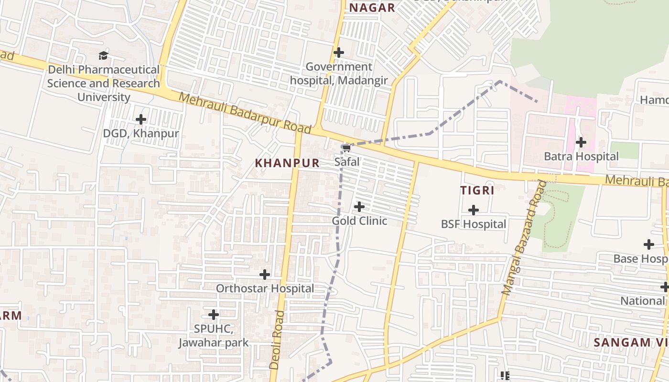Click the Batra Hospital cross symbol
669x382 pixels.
581,142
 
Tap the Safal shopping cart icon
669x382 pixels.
346,149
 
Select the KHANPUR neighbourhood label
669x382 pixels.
287,163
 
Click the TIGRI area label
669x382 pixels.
477,190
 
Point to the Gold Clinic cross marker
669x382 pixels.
359,207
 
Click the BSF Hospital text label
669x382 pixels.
473,224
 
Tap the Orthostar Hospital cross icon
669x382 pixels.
265,275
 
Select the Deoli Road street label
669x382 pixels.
277,340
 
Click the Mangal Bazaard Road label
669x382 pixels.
524,237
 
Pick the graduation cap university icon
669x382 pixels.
103,55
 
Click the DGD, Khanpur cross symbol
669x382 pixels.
141,119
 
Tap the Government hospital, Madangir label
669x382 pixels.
339,74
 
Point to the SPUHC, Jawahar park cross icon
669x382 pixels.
214,315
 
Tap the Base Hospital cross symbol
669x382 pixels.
648,244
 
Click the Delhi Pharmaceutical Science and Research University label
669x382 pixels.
103,84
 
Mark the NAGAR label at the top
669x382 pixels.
372,8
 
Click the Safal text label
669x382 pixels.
346,162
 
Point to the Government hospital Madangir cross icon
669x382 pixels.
339,53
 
